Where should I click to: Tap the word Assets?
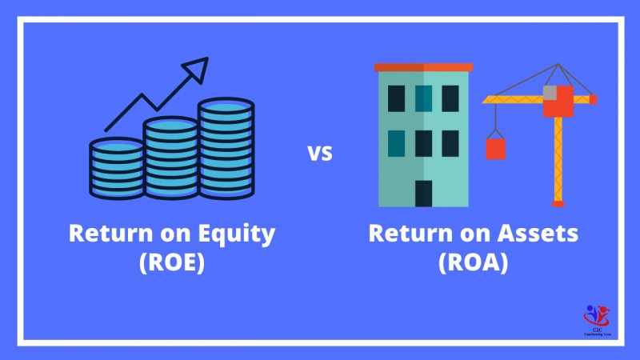[x=541, y=234]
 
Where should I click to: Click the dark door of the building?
[x=423, y=193]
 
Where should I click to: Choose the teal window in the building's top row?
[x=423, y=98]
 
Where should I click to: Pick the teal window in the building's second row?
[x=396, y=142]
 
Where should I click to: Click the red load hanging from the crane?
[x=496, y=148]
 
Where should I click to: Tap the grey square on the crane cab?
[x=550, y=93]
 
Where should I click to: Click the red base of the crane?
[x=558, y=203]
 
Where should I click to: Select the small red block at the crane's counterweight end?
[x=592, y=99]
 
